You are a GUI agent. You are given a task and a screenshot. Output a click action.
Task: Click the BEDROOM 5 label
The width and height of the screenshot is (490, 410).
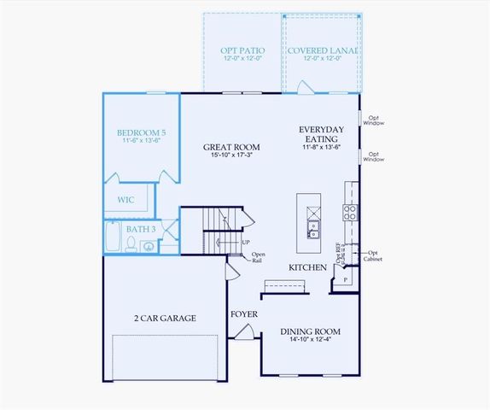click(142, 132)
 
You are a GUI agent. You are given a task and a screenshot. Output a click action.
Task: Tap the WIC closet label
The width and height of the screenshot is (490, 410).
click(125, 199)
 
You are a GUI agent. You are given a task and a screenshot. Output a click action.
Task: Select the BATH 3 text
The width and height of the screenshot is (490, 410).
click(141, 229)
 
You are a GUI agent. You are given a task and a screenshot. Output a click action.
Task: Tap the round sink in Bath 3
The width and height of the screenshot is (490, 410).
click(149, 246)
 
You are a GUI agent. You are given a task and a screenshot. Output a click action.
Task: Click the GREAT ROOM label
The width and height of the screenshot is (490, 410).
click(231, 147)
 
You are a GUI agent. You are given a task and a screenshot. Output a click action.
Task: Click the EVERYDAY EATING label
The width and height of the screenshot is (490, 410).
click(318, 134)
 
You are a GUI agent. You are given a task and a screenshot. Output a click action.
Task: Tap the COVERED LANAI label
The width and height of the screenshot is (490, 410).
click(322, 50)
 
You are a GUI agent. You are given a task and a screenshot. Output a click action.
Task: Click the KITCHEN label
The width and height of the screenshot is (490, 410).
click(307, 267)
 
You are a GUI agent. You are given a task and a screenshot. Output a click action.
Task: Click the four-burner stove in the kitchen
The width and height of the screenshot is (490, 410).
click(350, 213)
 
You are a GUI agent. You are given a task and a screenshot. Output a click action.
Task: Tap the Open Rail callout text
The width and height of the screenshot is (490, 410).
click(258, 257)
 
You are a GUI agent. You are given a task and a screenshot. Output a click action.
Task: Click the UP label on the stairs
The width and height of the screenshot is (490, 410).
click(246, 243)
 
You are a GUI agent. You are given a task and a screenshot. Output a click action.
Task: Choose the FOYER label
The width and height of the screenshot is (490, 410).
click(244, 314)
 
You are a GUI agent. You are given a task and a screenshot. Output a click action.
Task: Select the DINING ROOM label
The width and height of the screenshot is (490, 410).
click(311, 331)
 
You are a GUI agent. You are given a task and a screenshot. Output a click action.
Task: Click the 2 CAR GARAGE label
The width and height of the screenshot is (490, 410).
click(166, 318)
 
